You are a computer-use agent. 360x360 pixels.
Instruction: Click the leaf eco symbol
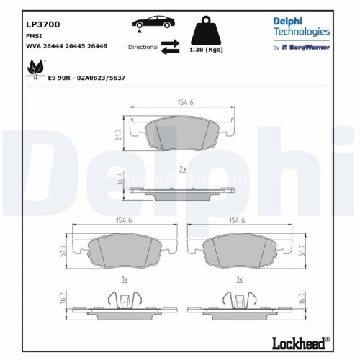pyautogui.click(x=33, y=68)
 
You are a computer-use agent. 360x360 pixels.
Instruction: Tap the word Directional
pyautogui.click(x=142, y=47)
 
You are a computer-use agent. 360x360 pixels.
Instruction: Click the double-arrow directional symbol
pyautogui.click(x=170, y=47)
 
